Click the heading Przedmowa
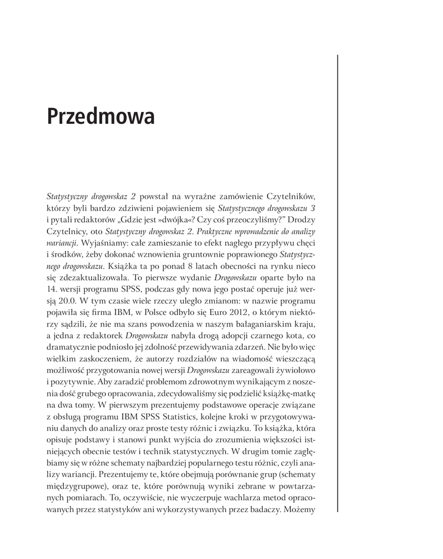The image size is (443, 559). click(x=101, y=117)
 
